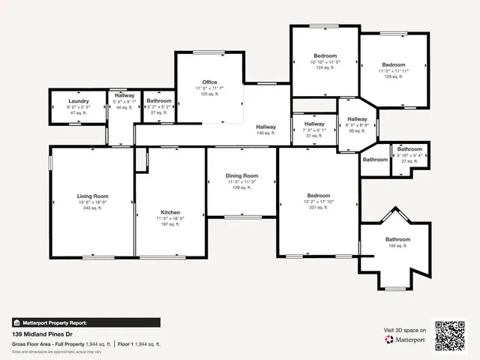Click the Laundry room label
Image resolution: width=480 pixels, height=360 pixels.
click(79, 101)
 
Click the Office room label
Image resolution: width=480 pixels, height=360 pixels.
click(210, 82)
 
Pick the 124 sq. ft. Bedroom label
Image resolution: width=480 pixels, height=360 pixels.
click(325, 56)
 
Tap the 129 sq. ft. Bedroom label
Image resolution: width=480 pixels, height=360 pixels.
click(393, 65)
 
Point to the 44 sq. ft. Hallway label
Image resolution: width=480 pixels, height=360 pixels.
click(124, 96)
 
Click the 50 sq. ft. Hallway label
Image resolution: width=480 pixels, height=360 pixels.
click(358, 119)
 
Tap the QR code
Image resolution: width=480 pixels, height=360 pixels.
click(451, 336)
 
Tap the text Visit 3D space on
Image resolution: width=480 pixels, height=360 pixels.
click(405, 330)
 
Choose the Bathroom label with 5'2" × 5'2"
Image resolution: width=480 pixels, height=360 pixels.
click(159, 101)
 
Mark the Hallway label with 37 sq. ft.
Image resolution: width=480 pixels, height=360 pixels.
click(314, 124)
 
